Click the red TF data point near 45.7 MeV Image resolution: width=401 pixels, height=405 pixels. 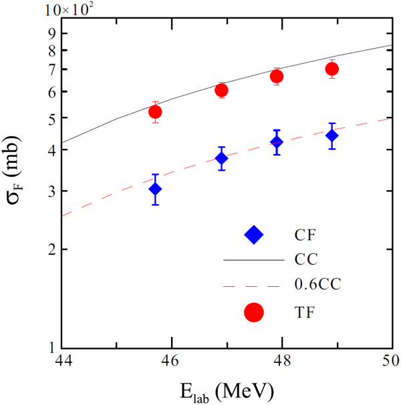(155, 112)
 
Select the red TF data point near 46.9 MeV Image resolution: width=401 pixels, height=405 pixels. (222, 90)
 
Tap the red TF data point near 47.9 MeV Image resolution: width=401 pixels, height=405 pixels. (277, 76)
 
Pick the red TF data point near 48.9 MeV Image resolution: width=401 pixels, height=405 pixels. (332, 69)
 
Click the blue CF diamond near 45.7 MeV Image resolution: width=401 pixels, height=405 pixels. (155, 189)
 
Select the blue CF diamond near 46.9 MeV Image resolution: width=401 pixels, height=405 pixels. (222, 158)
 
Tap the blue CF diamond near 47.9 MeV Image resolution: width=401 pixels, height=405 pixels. (277, 141)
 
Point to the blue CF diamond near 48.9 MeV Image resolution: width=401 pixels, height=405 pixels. (332, 135)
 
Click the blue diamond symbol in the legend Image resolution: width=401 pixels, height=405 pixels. (255, 234)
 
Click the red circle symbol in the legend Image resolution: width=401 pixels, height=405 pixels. (255, 312)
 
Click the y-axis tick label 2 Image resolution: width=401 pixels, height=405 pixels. (51, 250)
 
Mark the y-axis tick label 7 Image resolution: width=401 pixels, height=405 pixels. (51, 69)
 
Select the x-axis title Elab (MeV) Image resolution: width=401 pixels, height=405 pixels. (227, 390)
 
